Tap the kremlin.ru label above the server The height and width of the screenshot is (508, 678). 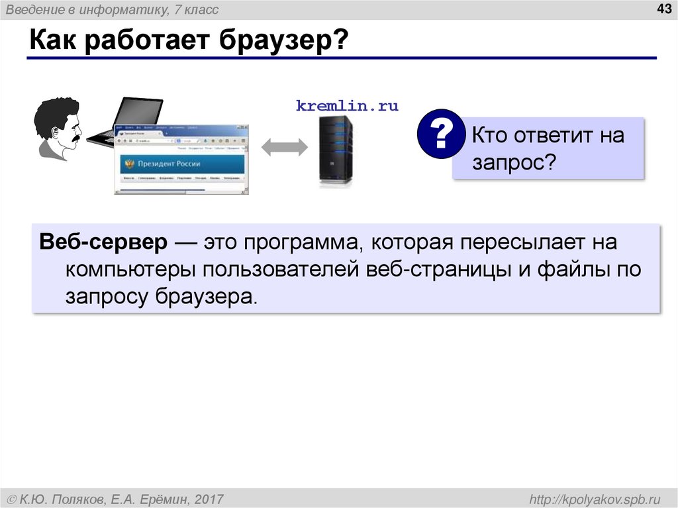pos(347,106)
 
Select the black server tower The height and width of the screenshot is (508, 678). pos(336,150)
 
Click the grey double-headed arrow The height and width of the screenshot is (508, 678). pos(285,148)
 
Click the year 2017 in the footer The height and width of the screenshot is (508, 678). pos(208,499)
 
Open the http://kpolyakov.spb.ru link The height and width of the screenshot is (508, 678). pos(592,499)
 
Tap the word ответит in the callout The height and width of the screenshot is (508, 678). pos(553,136)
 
